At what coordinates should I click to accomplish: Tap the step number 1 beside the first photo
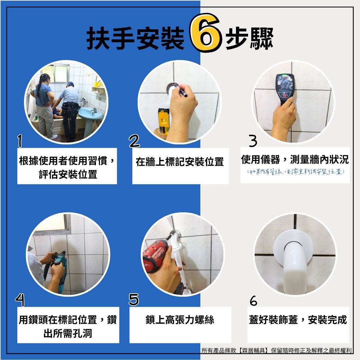click(20, 141)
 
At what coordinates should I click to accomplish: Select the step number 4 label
click(20, 300)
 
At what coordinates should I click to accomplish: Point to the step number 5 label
click(134, 299)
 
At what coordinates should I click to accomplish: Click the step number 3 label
click(253, 141)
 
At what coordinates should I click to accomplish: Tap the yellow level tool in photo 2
click(164, 121)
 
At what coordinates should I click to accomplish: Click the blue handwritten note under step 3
click(295, 172)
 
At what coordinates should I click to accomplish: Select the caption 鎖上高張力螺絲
click(180, 320)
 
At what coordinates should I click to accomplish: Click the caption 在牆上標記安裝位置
click(180, 162)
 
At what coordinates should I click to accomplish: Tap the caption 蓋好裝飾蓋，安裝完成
click(298, 320)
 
